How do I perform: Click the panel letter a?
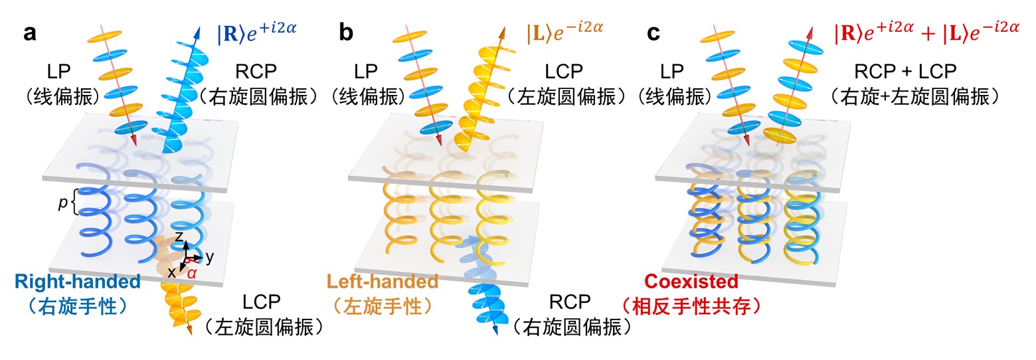point(29,33)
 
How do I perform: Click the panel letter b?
point(346,33)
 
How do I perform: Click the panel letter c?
point(653,33)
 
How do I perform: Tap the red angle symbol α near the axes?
point(192,272)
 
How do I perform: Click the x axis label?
point(171,271)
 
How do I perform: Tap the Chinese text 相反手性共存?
point(692,306)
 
